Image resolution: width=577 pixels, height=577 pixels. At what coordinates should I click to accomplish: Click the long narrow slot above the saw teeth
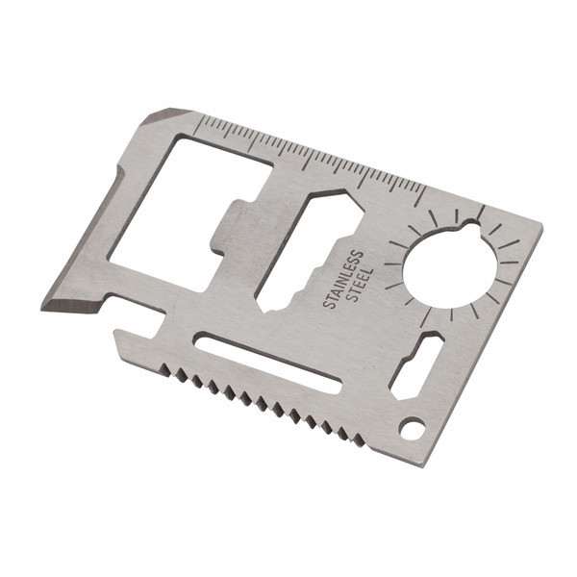tap(268, 361)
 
